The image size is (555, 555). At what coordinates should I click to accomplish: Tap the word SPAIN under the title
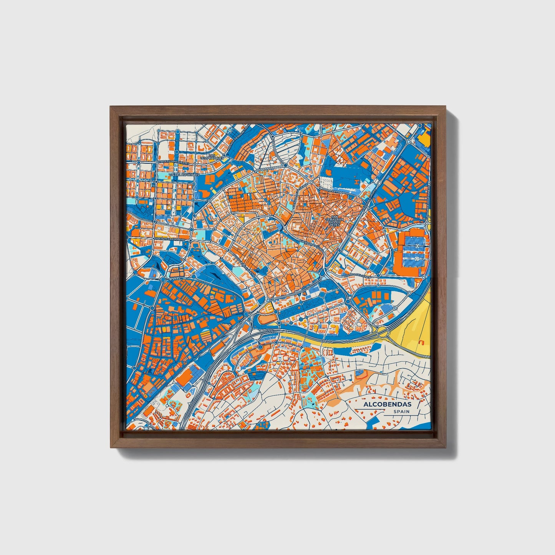[x=401, y=411]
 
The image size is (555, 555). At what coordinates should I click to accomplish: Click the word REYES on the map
[x=333, y=225]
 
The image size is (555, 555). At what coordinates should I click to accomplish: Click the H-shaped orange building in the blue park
[x=357, y=181]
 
